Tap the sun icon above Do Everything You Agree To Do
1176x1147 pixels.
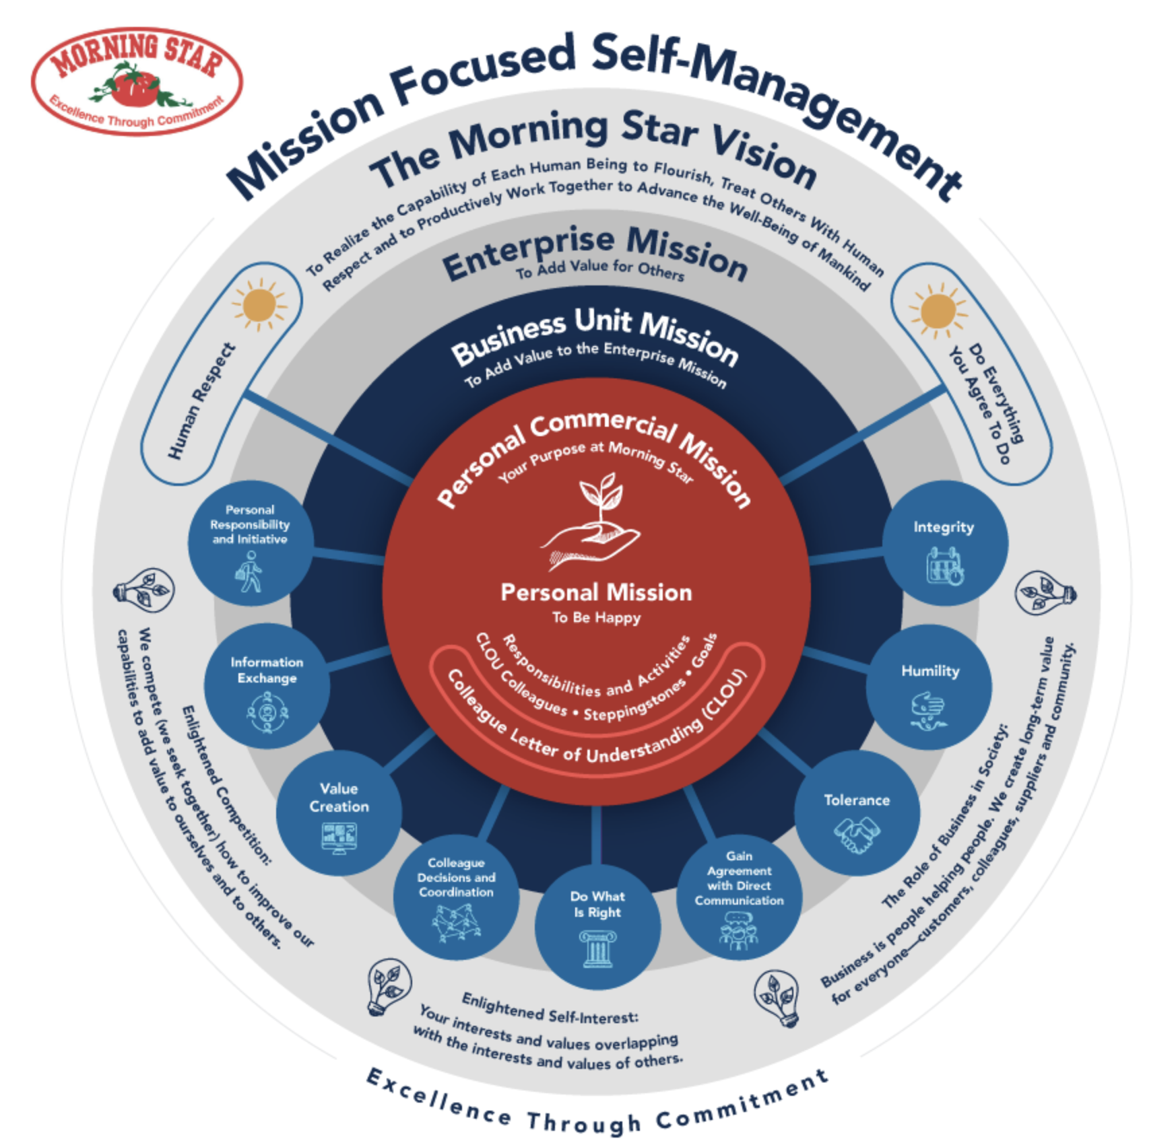click(938, 311)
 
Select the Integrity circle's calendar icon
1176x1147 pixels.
click(944, 565)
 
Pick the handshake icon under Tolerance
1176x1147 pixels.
click(856, 835)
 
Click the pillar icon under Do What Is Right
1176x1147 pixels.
click(597, 948)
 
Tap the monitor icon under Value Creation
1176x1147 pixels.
click(339, 838)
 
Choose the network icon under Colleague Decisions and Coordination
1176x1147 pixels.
click(456, 923)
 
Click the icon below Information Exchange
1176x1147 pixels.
click(267, 711)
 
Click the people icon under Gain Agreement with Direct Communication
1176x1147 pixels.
click(739, 931)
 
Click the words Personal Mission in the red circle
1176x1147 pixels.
click(596, 592)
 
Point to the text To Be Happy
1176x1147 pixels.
click(596, 617)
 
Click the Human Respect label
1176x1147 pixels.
click(201, 401)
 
